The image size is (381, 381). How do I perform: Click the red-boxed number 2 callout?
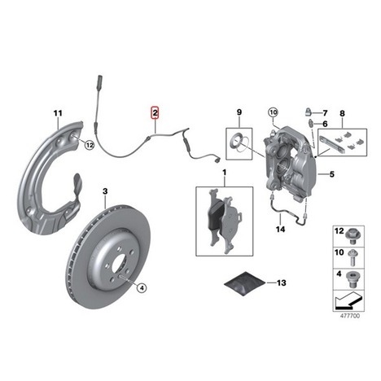(x=155, y=112)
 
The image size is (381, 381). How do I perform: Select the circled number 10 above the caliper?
(x=273, y=112)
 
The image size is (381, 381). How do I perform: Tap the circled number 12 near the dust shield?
(x=90, y=145)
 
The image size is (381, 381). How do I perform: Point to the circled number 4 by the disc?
(x=142, y=287)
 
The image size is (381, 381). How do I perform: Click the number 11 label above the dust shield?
(x=58, y=113)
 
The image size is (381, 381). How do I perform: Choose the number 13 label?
(x=281, y=282)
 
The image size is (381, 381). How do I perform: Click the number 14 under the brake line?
(x=281, y=230)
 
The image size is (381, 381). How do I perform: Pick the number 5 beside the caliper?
(x=332, y=174)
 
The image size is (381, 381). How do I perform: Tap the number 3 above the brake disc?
(x=105, y=191)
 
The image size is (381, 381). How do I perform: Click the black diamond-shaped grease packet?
(x=244, y=282)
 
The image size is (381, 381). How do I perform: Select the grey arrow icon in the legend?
(x=348, y=300)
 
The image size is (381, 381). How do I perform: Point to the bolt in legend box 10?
(x=353, y=257)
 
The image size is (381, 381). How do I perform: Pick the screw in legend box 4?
(x=352, y=279)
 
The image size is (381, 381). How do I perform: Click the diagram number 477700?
(x=350, y=316)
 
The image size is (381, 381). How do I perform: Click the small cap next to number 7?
(x=309, y=112)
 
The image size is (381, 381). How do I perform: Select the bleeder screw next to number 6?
(x=310, y=123)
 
